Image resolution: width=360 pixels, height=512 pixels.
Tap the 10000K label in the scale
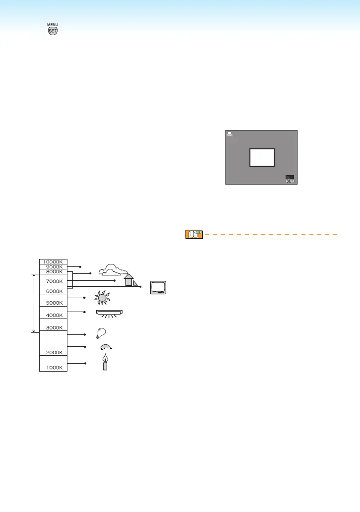53,261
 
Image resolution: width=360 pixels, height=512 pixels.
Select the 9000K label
53,267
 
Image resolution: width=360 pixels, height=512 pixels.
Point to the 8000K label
53,272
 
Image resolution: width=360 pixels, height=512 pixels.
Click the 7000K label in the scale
53,281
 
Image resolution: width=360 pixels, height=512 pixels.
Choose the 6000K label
53,291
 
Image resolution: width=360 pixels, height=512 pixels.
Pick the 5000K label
53,303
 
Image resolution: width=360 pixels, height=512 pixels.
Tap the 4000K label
53,315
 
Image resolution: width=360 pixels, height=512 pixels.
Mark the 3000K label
53,327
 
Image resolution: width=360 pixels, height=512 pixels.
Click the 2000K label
53,352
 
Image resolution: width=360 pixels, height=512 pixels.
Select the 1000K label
53,368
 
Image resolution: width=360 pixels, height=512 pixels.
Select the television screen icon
159,288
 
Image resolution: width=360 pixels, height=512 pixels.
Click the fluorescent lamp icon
109,313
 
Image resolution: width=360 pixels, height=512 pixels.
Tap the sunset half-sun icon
104,347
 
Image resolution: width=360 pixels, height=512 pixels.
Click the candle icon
105,363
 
